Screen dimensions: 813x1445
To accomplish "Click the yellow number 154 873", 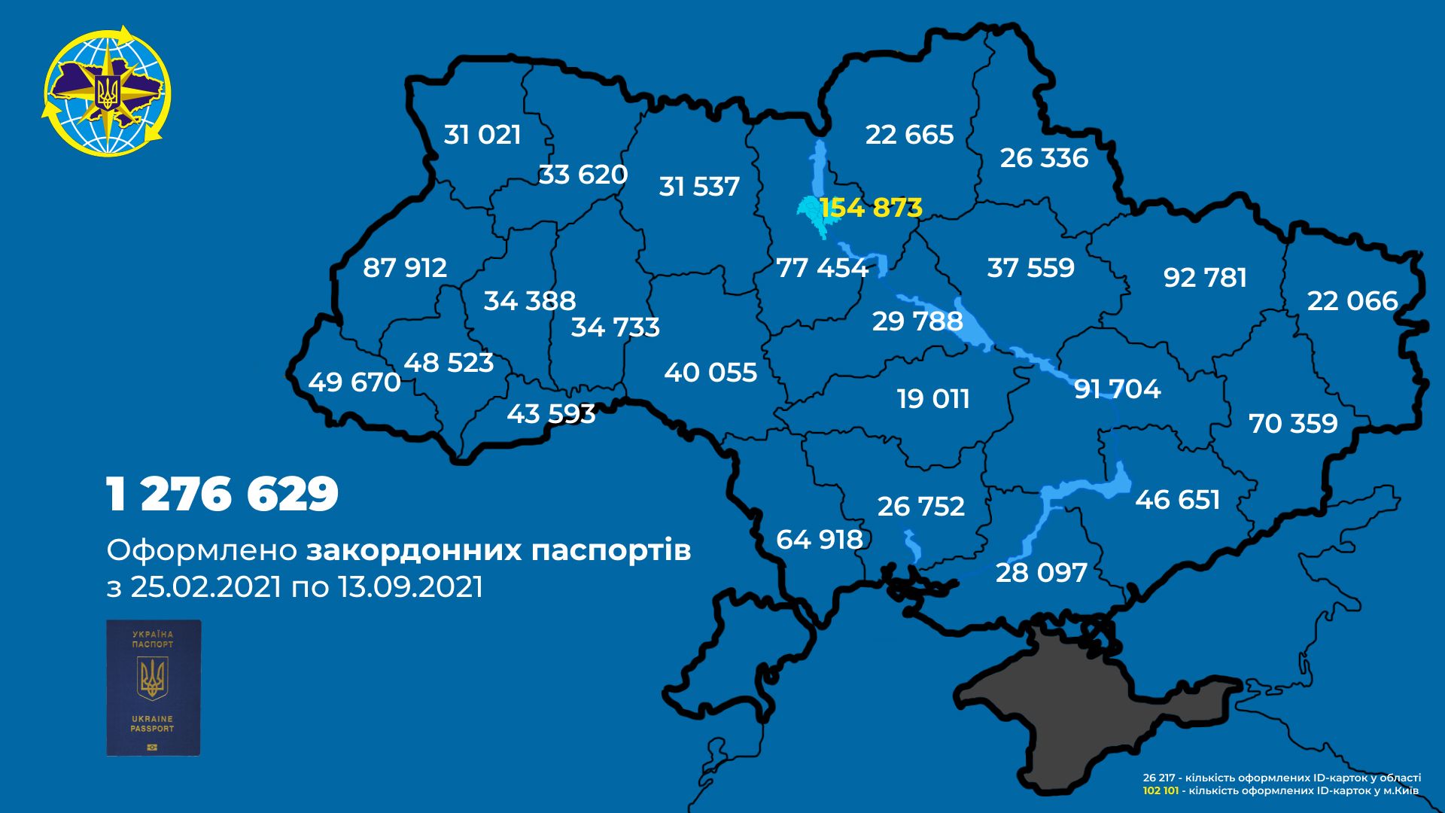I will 871,208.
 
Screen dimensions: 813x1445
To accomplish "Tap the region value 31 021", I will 482,135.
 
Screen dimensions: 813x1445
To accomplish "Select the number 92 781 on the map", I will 1205,278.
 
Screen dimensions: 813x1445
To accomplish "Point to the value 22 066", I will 1352,301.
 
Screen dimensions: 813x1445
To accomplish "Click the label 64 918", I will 820,540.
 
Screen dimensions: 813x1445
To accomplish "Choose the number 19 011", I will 933,399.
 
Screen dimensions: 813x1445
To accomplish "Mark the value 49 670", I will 354,382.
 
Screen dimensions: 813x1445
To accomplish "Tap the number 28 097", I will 1042,573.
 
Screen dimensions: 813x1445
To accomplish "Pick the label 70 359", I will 1293,424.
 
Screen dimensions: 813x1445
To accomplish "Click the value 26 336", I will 1044,158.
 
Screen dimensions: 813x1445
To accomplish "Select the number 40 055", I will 710,373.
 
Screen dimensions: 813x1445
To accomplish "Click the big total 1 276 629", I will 223,495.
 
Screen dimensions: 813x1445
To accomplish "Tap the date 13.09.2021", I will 410,587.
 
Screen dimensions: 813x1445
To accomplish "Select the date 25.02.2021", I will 205,587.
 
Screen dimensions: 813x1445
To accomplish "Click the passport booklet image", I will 154,687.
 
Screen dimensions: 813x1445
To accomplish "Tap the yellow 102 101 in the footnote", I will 1160,791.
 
